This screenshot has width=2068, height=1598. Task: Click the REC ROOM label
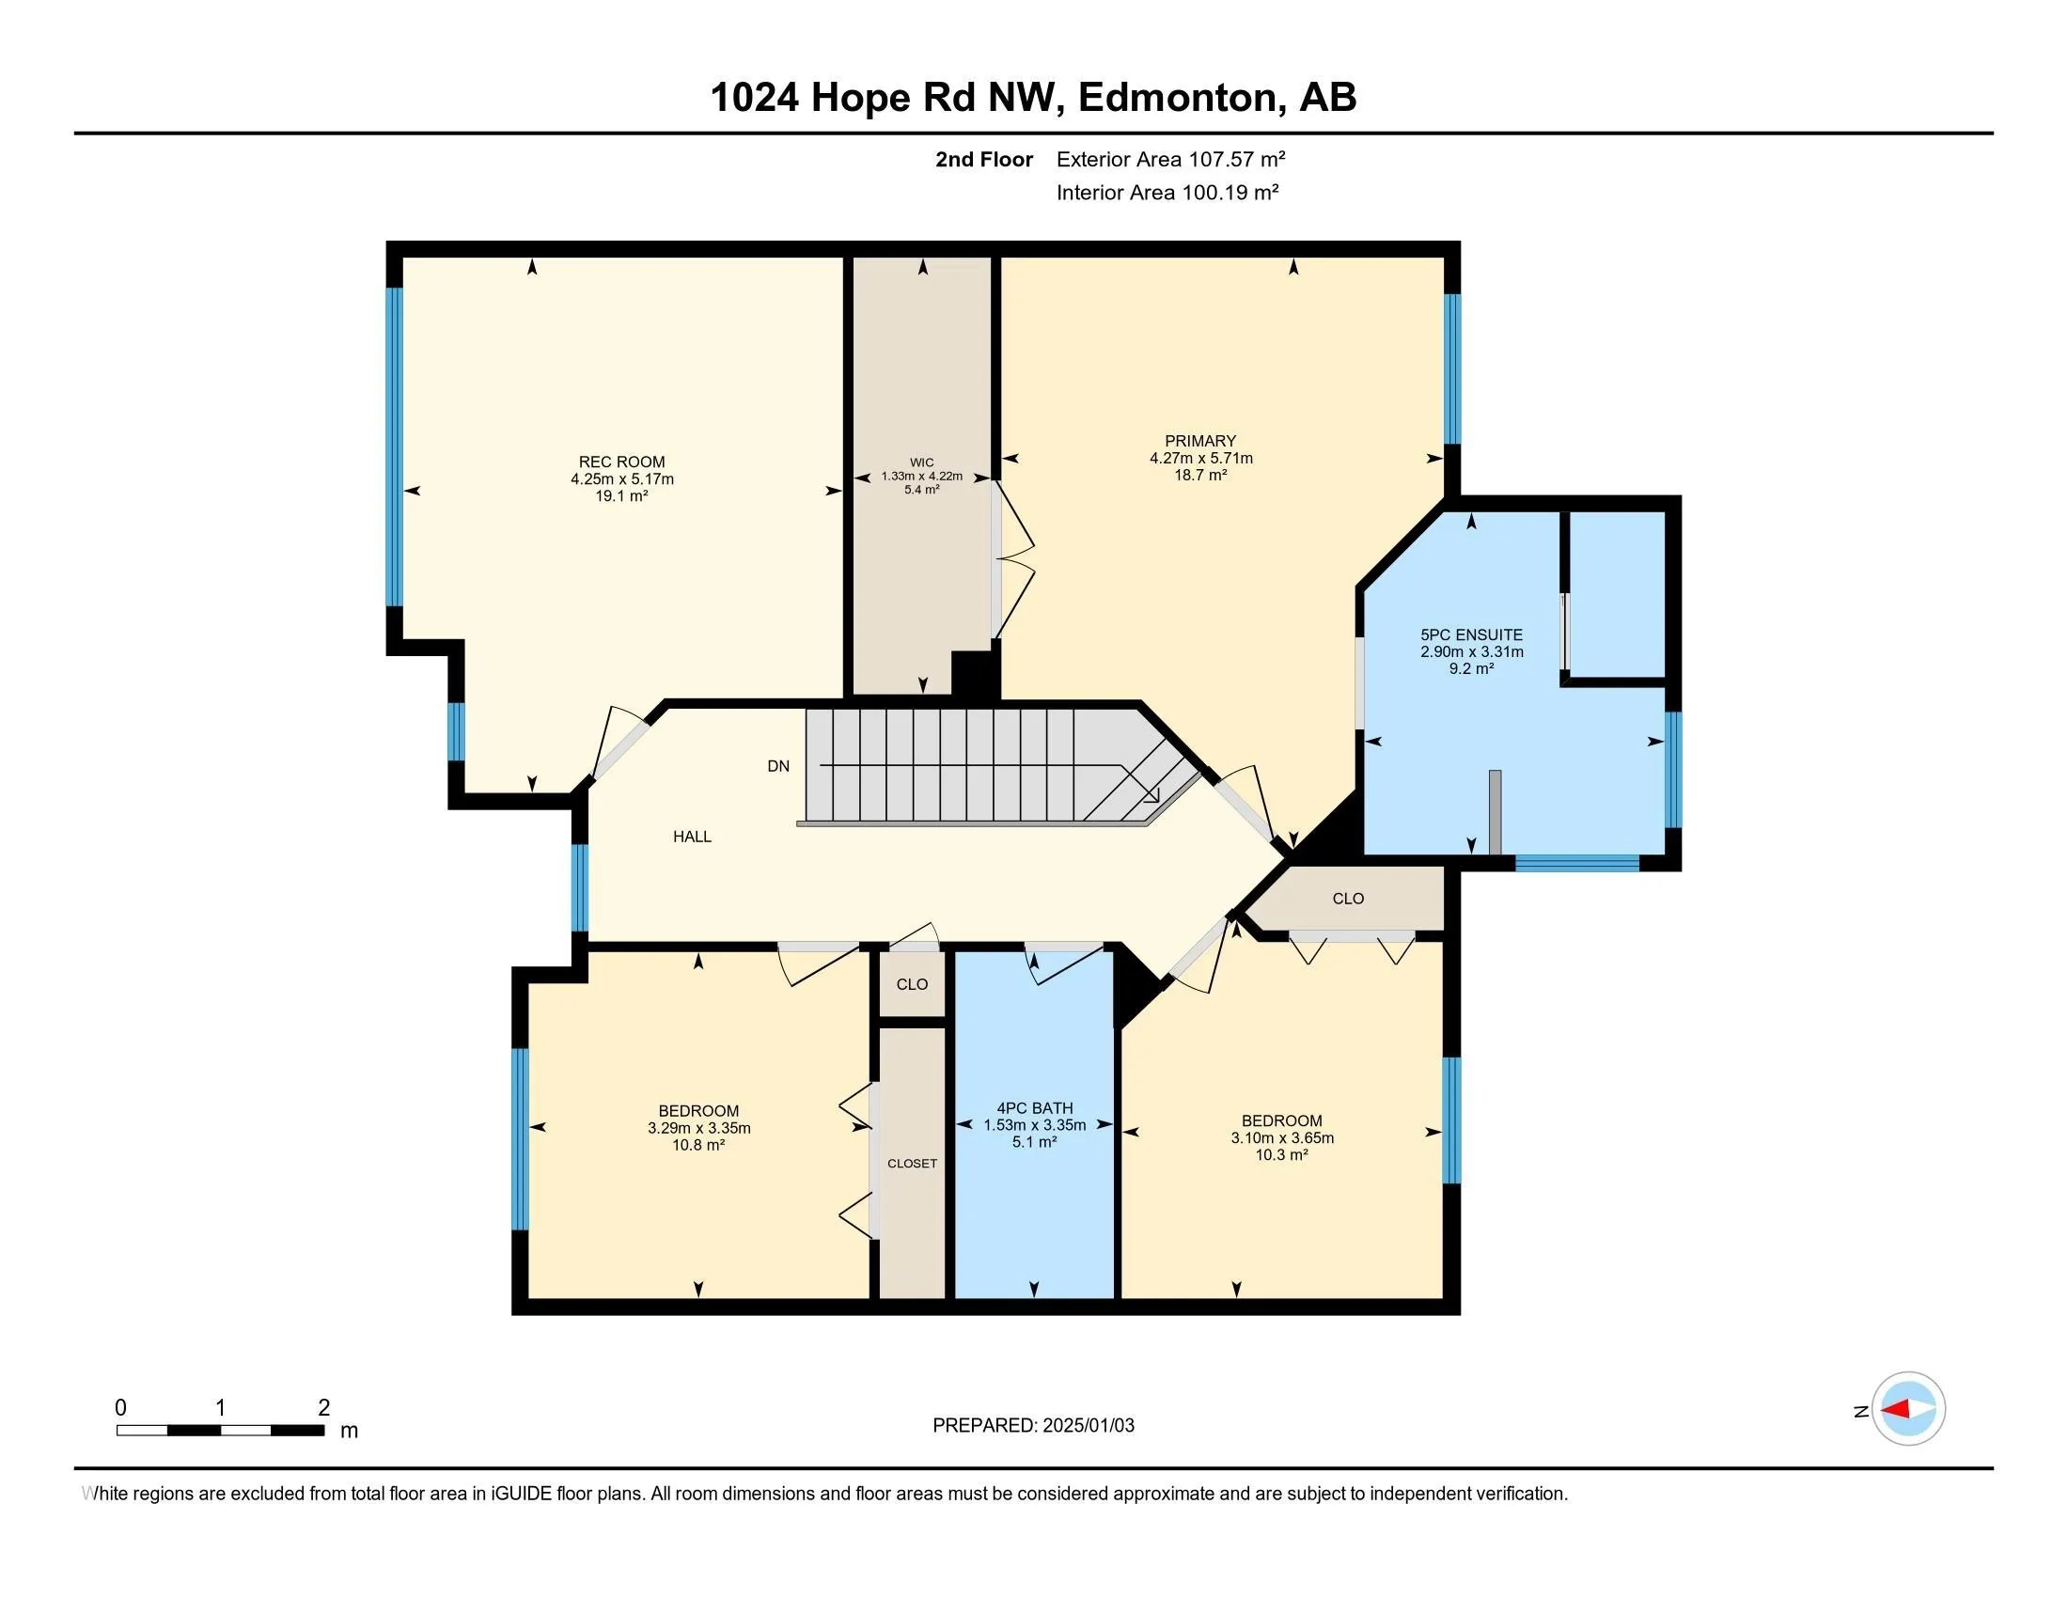(622, 462)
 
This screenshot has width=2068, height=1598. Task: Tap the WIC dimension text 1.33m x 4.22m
(921, 477)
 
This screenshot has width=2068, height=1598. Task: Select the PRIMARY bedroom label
(1200, 441)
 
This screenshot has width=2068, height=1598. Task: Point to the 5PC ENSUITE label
(1471, 635)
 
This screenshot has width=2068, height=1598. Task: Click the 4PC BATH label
(1035, 1107)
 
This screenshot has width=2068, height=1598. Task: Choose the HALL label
(692, 837)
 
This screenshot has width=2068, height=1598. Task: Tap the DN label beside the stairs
(778, 766)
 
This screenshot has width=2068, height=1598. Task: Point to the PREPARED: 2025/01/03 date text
(1033, 1426)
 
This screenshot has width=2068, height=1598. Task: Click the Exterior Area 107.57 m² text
(1170, 159)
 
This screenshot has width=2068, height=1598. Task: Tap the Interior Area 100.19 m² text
(1167, 192)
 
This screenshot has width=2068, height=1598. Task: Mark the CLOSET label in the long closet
(913, 1164)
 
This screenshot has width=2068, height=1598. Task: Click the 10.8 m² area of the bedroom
(698, 1146)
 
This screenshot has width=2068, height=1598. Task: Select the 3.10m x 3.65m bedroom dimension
(1282, 1138)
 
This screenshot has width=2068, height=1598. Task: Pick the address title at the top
(1033, 98)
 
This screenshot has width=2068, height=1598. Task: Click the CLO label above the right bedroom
(1348, 899)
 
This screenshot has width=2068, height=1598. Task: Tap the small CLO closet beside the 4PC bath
(913, 984)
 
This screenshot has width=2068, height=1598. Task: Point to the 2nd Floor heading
(984, 159)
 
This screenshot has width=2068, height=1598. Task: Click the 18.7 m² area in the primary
(1200, 476)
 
